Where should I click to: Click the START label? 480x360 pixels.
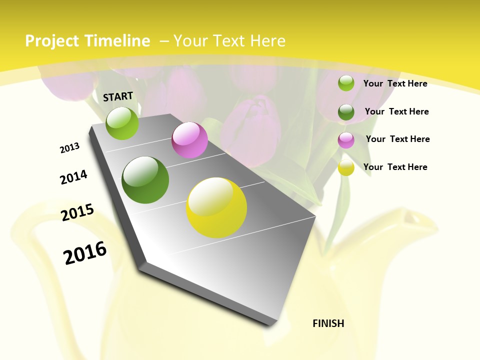pyautogui.click(x=118, y=96)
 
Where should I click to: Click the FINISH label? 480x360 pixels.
pyautogui.click(x=328, y=323)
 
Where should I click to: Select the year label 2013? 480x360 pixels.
pyautogui.click(x=70, y=148)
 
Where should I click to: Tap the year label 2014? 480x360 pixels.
pyautogui.click(x=74, y=177)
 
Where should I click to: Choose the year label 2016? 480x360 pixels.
pyautogui.click(x=85, y=252)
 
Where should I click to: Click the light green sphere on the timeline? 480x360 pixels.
pyautogui.click(x=122, y=123)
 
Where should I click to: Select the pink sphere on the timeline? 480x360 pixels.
pyautogui.click(x=189, y=140)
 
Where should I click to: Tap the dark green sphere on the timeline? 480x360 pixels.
pyautogui.click(x=145, y=180)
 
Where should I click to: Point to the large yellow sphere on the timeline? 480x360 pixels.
pyautogui.click(x=216, y=207)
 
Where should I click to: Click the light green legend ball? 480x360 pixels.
pyautogui.click(x=346, y=83)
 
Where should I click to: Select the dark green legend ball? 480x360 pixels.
pyautogui.click(x=346, y=111)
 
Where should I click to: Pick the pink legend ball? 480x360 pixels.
pyautogui.click(x=346, y=139)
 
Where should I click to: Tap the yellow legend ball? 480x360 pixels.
pyautogui.click(x=346, y=167)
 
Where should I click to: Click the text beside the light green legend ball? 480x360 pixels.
pyautogui.click(x=395, y=83)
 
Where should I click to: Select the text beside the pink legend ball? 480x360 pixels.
pyautogui.click(x=397, y=139)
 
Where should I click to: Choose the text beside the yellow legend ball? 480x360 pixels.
pyautogui.click(x=395, y=167)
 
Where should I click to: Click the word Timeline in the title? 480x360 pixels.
pyautogui.click(x=118, y=41)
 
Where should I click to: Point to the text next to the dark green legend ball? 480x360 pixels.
pyautogui.click(x=396, y=111)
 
